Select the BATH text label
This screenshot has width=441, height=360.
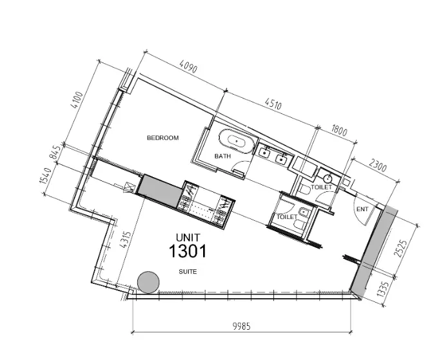click(x=222, y=156)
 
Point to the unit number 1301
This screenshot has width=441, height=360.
click(x=188, y=251)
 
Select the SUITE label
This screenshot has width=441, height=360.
click(x=188, y=272)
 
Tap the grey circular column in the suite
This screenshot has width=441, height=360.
click(x=149, y=281)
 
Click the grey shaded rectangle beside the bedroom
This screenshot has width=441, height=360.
click(x=159, y=190)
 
